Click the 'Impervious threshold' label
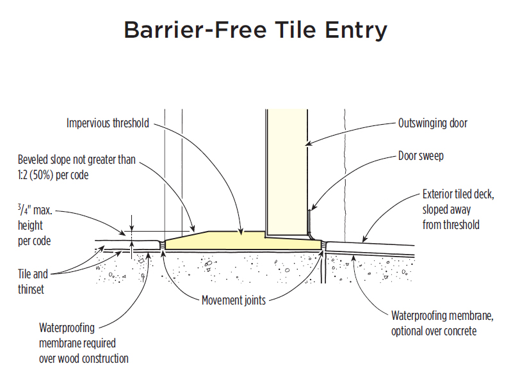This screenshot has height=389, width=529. click(x=108, y=123)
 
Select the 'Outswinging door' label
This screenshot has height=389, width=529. click(x=432, y=123)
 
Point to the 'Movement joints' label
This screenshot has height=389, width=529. click(x=234, y=299)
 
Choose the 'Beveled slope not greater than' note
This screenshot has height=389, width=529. click(x=77, y=159)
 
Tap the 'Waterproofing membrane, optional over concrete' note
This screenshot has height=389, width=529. click(x=443, y=323)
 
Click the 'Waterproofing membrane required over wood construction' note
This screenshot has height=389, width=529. click(x=83, y=343)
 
